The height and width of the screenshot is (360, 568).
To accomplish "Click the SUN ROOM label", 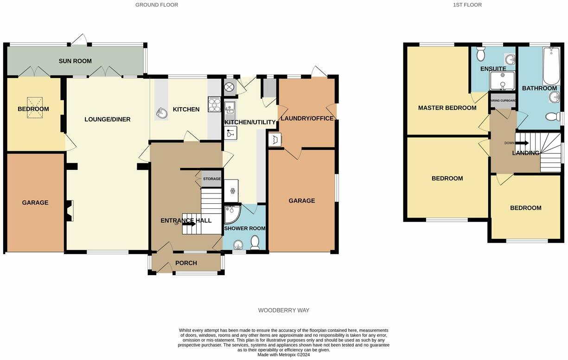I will (x=75, y=61).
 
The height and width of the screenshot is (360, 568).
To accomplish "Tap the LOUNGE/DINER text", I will (x=108, y=119).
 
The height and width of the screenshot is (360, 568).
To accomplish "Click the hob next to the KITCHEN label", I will (x=215, y=104).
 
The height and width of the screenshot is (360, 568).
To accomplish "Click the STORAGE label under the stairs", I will (x=211, y=179).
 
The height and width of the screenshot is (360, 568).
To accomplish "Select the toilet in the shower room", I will (x=255, y=242).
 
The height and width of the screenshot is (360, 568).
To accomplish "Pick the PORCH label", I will (x=186, y=263).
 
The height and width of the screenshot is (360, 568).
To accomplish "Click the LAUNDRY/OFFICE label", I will (x=307, y=118).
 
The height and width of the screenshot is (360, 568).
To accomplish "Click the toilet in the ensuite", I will (x=480, y=55).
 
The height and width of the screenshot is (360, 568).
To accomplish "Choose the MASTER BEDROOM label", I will (x=447, y=108).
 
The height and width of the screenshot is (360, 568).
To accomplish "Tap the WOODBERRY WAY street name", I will (x=283, y=310).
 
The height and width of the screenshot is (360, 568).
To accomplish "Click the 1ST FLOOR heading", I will (x=467, y=5).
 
